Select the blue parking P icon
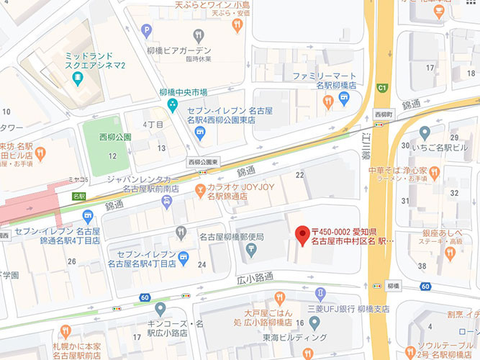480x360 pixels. (147, 30)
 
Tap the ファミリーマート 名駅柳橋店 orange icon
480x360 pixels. (328, 102)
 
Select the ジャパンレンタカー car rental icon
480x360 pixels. (166, 202)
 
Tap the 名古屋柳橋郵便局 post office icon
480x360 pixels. (251, 251)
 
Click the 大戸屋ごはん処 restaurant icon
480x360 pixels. (279, 298)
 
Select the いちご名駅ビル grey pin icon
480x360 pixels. (425, 132)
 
